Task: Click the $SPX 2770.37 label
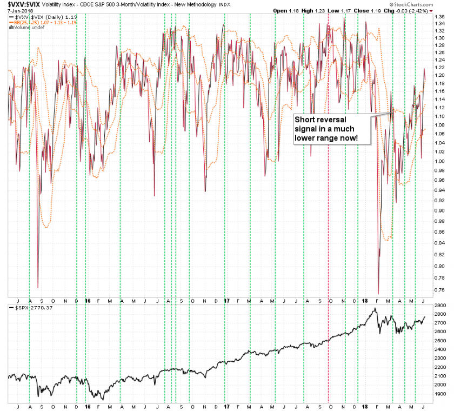pyautogui.click(x=31, y=308)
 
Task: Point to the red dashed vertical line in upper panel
pyautogui.click(x=329, y=162)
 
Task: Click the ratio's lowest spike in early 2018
pyautogui.click(x=378, y=293)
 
